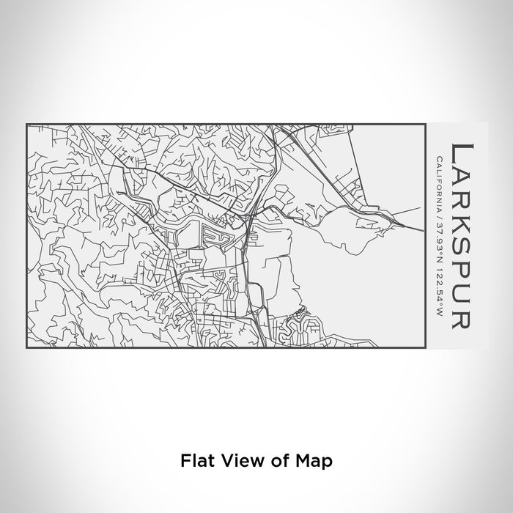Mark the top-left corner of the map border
click(x=26, y=125)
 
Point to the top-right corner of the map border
click(x=427, y=125)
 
